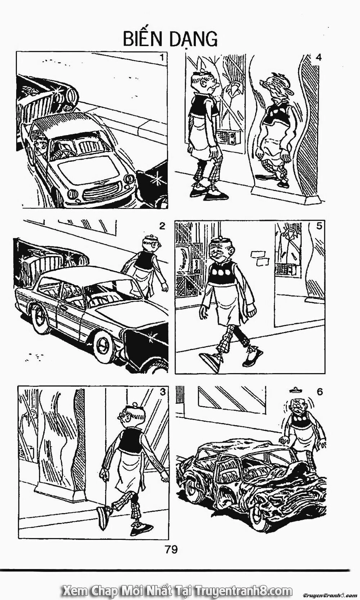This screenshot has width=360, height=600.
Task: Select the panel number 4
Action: [318, 57]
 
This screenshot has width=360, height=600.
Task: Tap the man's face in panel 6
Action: [297, 407]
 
